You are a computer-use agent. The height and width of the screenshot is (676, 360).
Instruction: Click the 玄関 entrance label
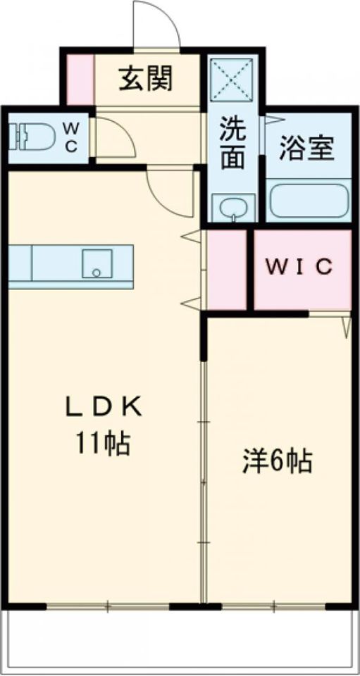[145, 79]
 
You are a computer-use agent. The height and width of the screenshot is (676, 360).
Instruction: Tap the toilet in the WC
[35, 137]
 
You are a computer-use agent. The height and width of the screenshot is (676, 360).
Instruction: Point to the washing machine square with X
[235, 80]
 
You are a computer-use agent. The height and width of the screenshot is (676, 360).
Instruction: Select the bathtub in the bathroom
[309, 200]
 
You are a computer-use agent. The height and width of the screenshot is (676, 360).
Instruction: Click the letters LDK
[104, 406]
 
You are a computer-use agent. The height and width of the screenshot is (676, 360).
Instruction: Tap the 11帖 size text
[104, 444]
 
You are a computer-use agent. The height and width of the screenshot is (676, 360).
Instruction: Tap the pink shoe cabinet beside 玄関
[80, 78]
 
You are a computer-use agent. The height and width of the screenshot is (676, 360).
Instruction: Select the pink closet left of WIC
[226, 269]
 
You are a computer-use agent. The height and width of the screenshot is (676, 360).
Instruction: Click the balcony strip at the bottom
[180, 641]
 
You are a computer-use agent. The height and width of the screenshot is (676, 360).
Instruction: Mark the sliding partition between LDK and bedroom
[204, 479]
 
